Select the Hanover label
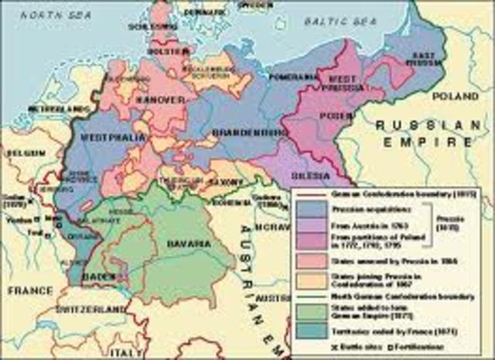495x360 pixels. tap(162, 100)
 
